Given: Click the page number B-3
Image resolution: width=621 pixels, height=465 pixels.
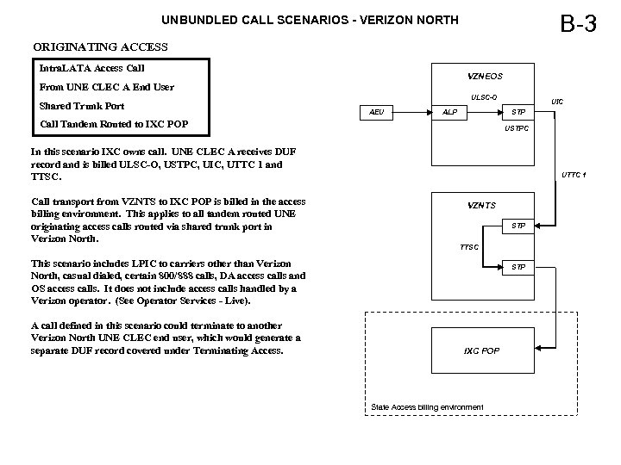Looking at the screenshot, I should click(x=577, y=23).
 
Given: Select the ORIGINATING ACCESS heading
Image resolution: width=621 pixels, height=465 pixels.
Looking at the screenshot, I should click(x=100, y=46).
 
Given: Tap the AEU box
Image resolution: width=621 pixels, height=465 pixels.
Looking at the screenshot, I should click(x=376, y=112).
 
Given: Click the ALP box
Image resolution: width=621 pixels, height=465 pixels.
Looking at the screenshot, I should click(x=449, y=112).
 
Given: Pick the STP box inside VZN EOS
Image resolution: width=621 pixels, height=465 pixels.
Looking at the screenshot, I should click(x=517, y=112).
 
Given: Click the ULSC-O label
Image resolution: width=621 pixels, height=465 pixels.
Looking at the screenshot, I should click(x=483, y=96).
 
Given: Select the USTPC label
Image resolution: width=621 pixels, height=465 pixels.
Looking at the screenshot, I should click(x=517, y=129).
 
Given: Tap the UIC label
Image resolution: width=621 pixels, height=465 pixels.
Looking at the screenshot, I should click(x=558, y=102).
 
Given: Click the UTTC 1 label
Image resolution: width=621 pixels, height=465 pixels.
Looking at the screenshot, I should click(x=574, y=176).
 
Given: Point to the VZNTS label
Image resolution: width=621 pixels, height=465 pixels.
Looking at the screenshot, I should click(x=481, y=205).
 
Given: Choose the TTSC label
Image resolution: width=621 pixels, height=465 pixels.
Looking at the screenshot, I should click(x=469, y=247).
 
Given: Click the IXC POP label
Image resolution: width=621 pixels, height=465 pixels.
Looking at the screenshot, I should click(x=481, y=351).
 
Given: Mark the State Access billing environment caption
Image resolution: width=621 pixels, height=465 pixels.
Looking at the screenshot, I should click(x=426, y=406).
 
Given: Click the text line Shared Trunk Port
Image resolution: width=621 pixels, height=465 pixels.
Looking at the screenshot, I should click(x=82, y=106).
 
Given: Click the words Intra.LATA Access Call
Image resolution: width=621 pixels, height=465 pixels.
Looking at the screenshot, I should click(x=92, y=67).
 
